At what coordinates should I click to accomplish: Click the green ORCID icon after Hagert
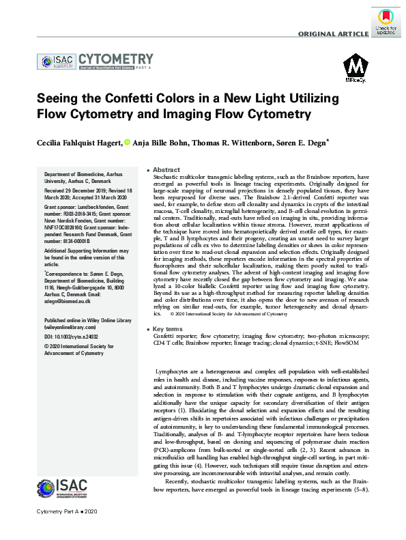point(126,142)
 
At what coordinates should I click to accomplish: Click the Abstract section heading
point(166,169)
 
